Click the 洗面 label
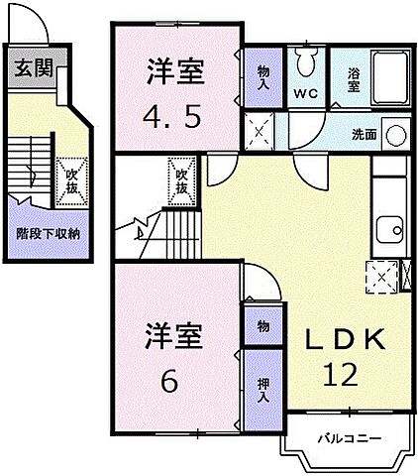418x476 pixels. [365, 133]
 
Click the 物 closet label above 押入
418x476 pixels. [262, 324]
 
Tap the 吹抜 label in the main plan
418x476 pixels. [181, 180]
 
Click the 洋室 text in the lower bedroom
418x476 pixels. [175, 335]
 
